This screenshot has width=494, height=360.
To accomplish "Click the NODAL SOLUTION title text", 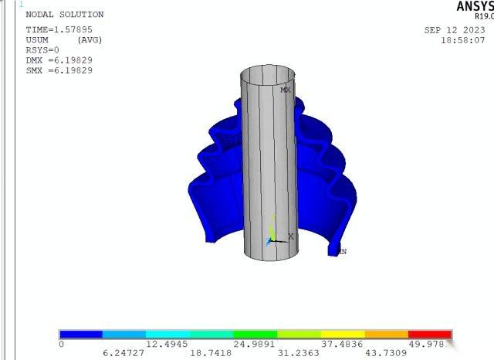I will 65,15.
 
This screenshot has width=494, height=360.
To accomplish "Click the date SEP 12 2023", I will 455,30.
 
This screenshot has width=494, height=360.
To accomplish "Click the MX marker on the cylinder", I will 286,90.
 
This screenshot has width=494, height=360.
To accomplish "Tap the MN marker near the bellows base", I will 342,251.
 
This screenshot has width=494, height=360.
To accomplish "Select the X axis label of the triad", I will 290,236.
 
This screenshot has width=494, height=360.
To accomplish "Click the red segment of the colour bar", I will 429,335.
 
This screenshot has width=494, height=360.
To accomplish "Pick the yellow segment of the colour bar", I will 343,335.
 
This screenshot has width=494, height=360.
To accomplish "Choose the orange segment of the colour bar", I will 386,335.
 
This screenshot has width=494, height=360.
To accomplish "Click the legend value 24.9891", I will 253,344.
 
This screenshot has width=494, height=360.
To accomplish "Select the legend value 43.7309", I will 384,353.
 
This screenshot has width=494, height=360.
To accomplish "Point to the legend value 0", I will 61,344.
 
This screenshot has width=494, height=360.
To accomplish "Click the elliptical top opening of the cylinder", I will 267,76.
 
